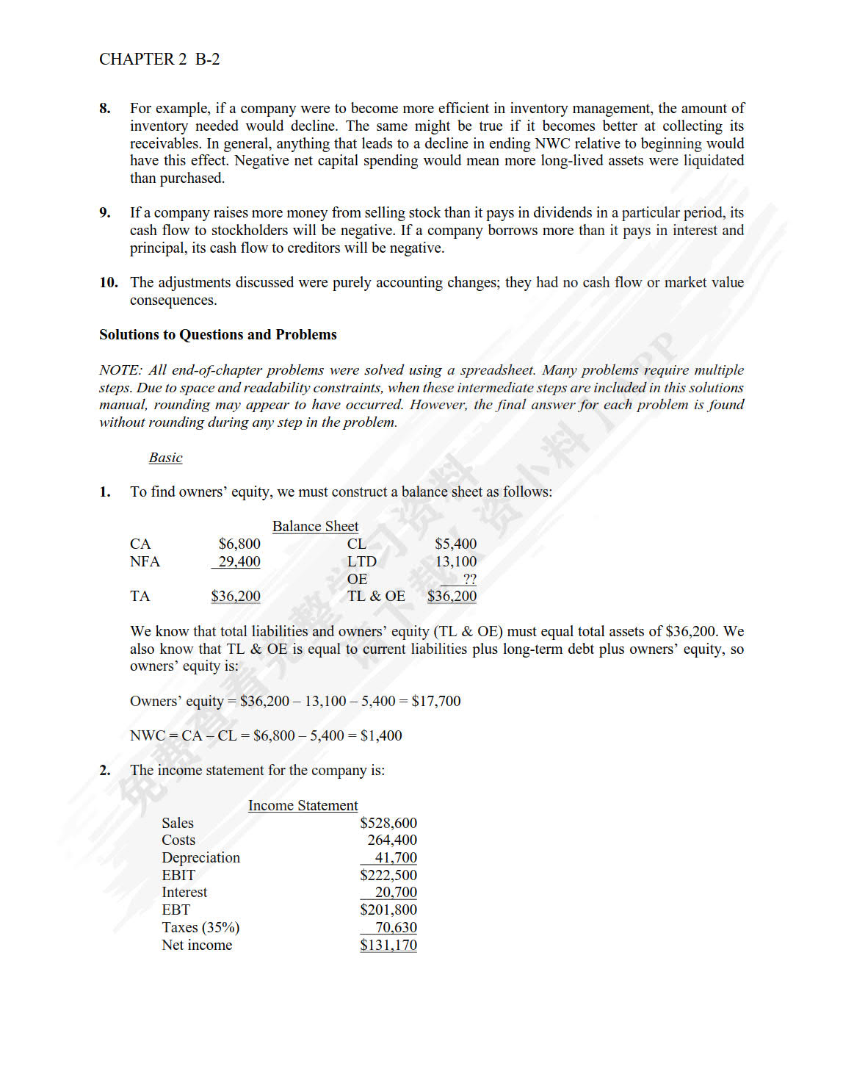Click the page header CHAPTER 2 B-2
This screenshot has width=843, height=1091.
[x=159, y=60]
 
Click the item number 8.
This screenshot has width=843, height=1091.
[x=105, y=109]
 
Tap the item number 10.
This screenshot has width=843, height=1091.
[x=109, y=283]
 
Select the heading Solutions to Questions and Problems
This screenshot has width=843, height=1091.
[x=218, y=335]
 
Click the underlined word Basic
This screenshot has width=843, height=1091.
[x=165, y=458]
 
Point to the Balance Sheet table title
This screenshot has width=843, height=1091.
[x=315, y=526]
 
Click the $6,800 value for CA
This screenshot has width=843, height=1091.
[x=239, y=544]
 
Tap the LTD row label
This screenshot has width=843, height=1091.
[x=362, y=561]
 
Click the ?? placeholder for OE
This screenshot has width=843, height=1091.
[x=469, y=579]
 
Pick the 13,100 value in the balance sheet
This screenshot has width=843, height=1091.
[x=455, y=561]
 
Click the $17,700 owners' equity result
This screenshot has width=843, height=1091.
[x=436, y=701]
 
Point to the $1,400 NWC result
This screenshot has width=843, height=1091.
[x=381, y=735]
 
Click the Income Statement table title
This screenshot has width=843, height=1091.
[x=303, y=805]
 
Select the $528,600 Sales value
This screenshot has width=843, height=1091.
[x=388, y=823]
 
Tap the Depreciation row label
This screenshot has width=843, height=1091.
[x=200, y=857]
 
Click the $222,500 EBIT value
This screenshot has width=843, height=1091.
[x=388, y=875]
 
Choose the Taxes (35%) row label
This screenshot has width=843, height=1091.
[x=200, y=927]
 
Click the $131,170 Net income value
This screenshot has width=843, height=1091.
[x=388, y=945]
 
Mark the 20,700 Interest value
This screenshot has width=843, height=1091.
[x=396, y=892]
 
